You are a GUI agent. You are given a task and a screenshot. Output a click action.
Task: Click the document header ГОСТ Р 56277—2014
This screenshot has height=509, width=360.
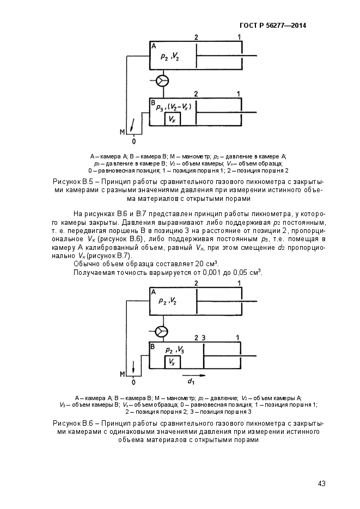pos(272,26)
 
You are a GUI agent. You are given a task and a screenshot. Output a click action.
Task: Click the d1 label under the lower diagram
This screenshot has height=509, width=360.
pos(192,382)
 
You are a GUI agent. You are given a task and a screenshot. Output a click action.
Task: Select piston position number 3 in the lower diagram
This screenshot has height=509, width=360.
pos(203,338)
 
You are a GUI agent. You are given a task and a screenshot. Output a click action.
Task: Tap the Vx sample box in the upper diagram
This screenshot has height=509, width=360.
pos(172,119)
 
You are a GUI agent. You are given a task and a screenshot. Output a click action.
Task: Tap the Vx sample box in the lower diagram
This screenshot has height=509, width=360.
pos(172,361)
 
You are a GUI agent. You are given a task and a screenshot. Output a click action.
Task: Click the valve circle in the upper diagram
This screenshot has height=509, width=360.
pos(162,81)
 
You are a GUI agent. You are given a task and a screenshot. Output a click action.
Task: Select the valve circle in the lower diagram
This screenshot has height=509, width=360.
pos(162,331)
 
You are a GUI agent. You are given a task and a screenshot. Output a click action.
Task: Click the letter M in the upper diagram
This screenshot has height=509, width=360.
pos(122,131)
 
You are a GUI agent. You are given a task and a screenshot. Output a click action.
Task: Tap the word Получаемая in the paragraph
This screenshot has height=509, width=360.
pos(94,272)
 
